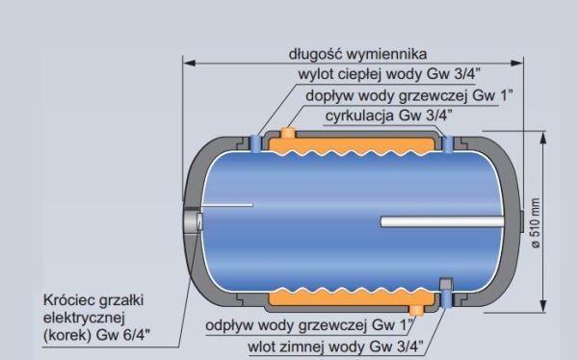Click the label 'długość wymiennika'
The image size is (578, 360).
coord(357,54)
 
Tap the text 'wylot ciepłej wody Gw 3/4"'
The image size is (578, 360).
coord(389,74)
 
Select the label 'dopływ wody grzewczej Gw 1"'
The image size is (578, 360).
coord(409,96)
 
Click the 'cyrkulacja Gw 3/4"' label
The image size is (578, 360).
coord(388,116)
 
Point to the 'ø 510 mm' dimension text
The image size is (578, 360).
coord(536,223)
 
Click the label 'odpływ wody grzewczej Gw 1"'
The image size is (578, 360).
coord(309,325)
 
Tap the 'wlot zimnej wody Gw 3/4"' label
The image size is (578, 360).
coord(335,347)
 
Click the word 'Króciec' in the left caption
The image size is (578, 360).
coord(67,300)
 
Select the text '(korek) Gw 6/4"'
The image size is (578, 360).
coord(96,335)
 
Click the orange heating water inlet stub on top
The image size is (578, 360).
coord(288,132)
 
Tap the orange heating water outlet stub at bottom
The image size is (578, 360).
coord(416,310)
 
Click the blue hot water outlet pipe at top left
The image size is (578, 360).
coord(255,143)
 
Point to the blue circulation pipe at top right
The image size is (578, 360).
coord(448,144)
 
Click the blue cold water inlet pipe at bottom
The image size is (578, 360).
coord(445,297)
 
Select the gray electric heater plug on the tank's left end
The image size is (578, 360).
coord(192,221)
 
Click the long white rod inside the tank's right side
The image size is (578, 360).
coord(442,221)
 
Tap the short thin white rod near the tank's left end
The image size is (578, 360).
coord(227,205)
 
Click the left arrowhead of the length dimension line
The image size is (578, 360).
coord(189,63)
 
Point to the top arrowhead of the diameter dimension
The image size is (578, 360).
coord(542,138)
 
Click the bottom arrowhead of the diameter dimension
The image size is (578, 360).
coord(542,306)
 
